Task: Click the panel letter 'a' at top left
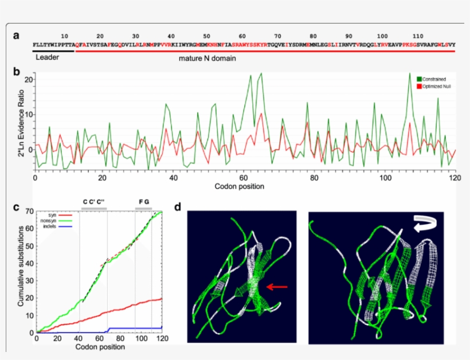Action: [x=17, y=36]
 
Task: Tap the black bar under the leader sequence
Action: [x=53, y=50]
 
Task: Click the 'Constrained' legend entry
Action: [x=435, y=79]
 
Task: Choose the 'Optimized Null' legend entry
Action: [x=438, y=85]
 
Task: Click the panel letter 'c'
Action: [x=16, y=207]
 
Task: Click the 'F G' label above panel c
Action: [x=143, y=202]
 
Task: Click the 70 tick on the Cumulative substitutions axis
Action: [x=30, y=212]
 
